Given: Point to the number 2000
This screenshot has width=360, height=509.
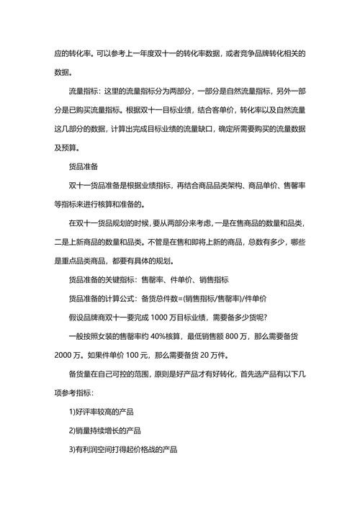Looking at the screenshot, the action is tap(66, 356).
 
